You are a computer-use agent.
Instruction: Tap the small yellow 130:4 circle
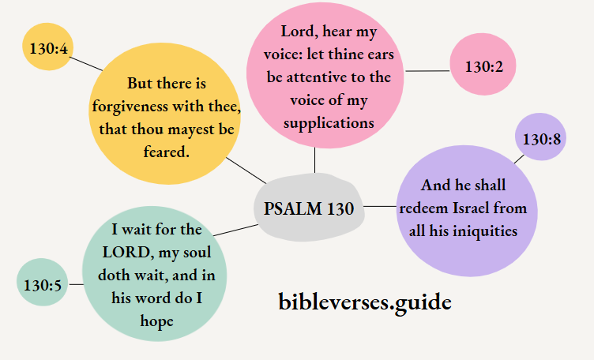click(48, 47)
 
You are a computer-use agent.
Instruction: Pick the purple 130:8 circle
click(542, 139)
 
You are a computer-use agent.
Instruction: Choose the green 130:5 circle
click(43, 282)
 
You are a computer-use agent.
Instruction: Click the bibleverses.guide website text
click(365, 301)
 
